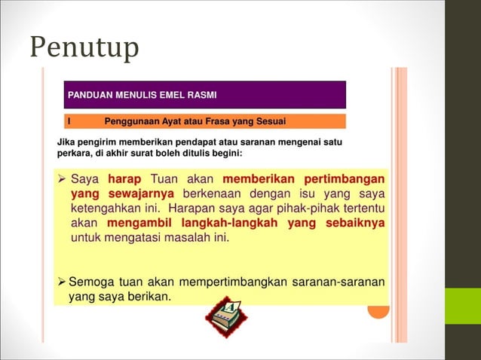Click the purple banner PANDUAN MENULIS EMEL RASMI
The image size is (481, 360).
(205, 96)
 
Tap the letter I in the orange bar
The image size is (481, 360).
(69, 121)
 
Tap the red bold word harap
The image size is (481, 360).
(125, 179)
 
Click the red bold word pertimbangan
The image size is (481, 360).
(345, 179)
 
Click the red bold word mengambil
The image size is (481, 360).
(139, 224)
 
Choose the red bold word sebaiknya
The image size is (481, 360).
(355, 224)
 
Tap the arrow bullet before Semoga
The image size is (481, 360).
(62, 282)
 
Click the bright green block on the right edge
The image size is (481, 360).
(463, 306)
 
